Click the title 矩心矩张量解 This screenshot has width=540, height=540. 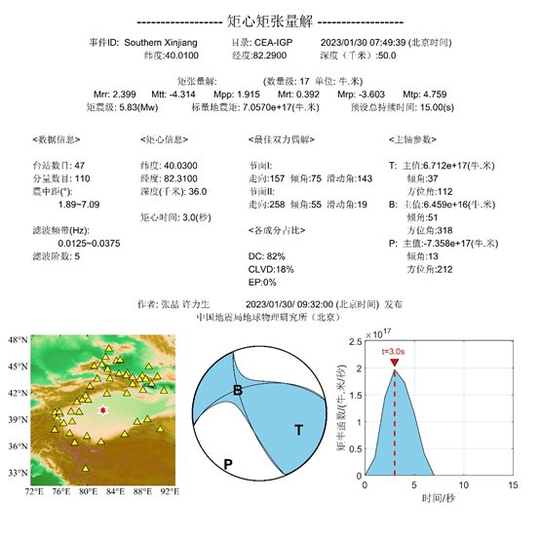pos(269,19)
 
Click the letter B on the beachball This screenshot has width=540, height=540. pos(237,391)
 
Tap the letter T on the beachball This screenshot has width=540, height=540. pos(299,428)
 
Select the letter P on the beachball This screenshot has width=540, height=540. pos(227,464)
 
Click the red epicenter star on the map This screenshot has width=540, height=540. pos(102,410)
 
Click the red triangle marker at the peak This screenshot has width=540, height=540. pos(394,363)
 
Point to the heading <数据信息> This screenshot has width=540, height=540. pos(53,140)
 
